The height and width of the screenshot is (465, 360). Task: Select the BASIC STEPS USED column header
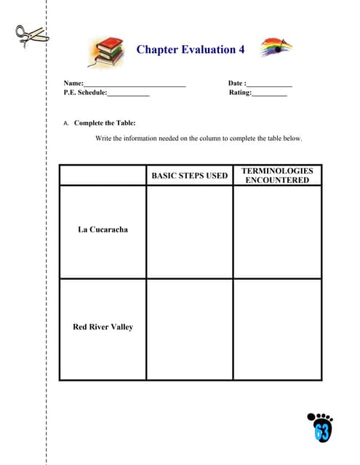pyautogui.click(x=189, y=175)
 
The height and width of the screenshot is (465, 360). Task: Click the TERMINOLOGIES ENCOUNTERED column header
pyautogui.click(x=277, y=175)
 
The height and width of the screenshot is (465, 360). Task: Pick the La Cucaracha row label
pyautogui.click(x=103, y=230)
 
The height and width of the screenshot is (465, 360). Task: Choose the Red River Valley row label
pyautogui.click(x=103, y=327)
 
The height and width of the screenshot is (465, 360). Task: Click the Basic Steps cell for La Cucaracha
pyautogui.click(x=189, y=232)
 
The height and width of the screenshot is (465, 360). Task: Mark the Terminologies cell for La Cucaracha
pyautogui.click(x=277, y=232)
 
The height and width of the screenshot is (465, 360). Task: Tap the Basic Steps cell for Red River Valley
pyautogui.click(x=189, y=329)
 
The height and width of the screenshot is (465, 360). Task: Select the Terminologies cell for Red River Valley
pyautogui.click(x=277, y=329)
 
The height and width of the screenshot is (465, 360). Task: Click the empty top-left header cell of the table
pyautogui.click(x=103, y=175)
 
